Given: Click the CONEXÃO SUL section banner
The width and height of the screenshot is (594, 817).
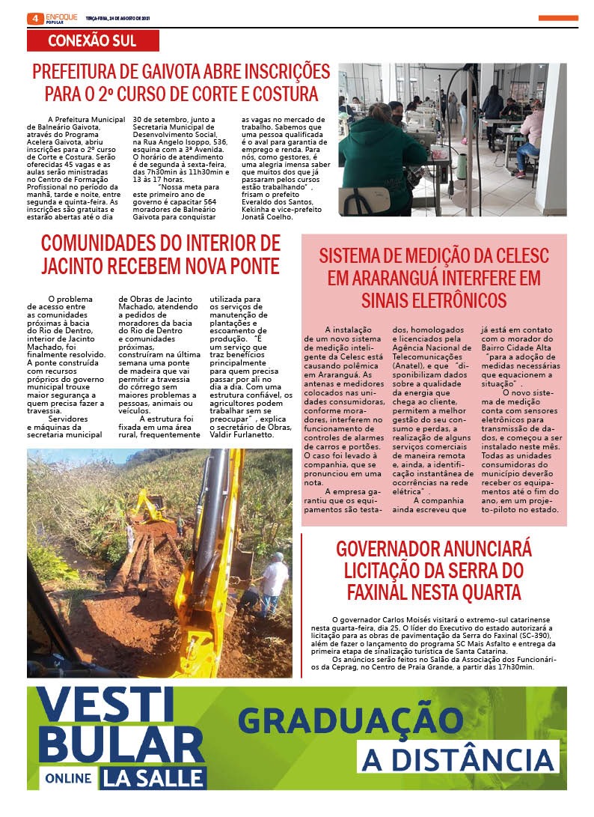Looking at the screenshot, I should [x=92, y=41].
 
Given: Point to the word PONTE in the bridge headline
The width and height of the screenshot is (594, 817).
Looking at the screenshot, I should [x=248, y=266].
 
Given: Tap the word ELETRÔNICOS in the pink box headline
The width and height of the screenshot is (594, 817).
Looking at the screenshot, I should [x=434, y=300].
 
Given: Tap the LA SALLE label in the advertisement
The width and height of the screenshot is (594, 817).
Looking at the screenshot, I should [x=154, y=777].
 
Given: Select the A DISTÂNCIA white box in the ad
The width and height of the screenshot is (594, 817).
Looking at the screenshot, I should [x=458, y=759].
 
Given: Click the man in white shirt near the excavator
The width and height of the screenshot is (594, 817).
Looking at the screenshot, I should [x=274, y=580].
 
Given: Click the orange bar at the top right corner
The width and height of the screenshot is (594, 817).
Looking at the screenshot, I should [x=557, y=18].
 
